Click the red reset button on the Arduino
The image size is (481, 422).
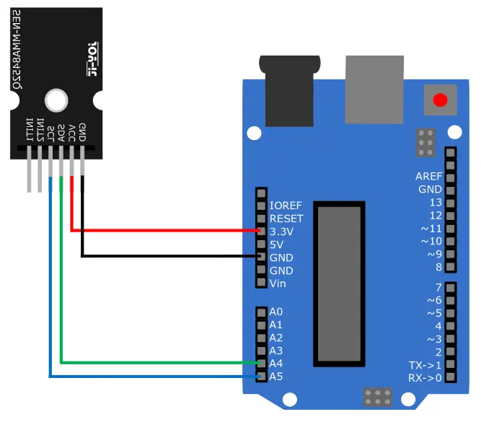(439, 100)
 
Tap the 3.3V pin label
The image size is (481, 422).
(282, 232)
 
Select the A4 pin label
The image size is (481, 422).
(276, 364)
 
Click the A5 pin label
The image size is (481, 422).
(276, 377)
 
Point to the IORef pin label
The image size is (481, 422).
(286, 206)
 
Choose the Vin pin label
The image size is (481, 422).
(278, 283)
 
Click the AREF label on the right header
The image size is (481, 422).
(429, 177)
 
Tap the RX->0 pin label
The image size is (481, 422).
(425, 377)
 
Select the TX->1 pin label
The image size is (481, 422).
(425, 365)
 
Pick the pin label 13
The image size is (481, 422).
(435, 203)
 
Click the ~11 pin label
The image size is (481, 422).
(432, 228)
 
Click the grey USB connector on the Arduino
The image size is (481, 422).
(374, 88)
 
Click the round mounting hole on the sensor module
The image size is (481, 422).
(55, 100)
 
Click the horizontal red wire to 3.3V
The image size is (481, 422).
(166, 231)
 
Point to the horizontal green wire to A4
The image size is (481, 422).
(159, 363)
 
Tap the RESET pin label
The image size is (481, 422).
(286, 219)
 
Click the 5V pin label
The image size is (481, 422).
(276, 245)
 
